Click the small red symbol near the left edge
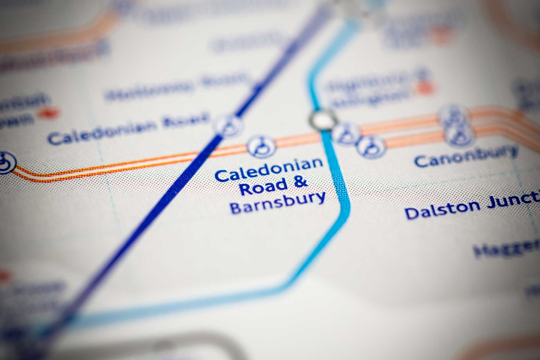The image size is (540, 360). (49, 113)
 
